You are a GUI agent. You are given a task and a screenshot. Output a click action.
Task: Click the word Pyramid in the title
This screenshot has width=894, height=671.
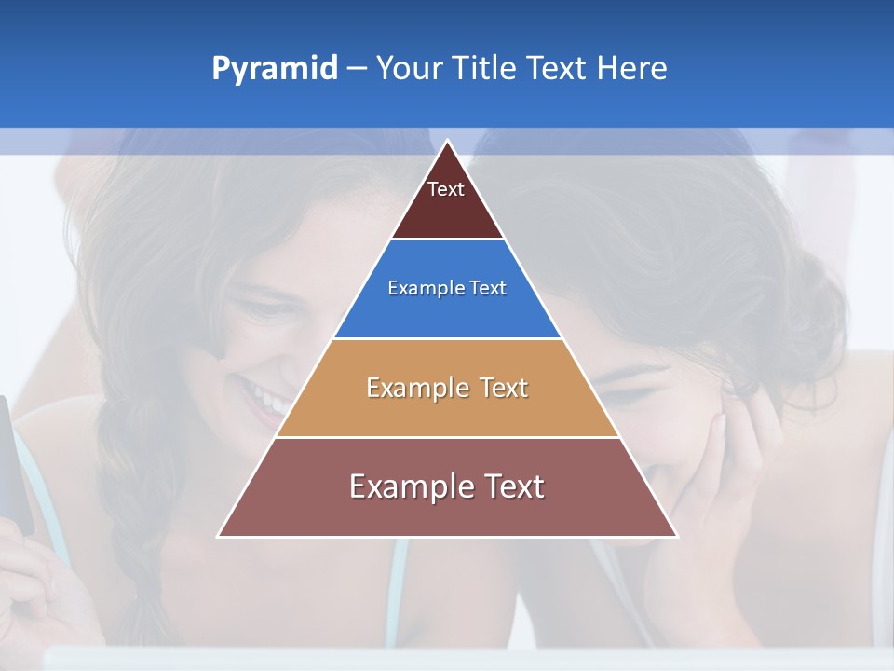275,68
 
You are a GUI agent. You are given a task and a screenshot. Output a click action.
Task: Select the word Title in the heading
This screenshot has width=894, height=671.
483,68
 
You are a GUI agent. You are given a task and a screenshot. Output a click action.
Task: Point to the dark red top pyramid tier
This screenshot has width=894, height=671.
447,200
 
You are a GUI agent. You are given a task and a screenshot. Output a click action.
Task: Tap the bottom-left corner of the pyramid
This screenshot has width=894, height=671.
220,536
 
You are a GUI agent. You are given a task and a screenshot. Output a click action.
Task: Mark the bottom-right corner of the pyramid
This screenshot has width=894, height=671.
676,536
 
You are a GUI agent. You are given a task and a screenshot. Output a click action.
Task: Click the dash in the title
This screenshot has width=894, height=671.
357,68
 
